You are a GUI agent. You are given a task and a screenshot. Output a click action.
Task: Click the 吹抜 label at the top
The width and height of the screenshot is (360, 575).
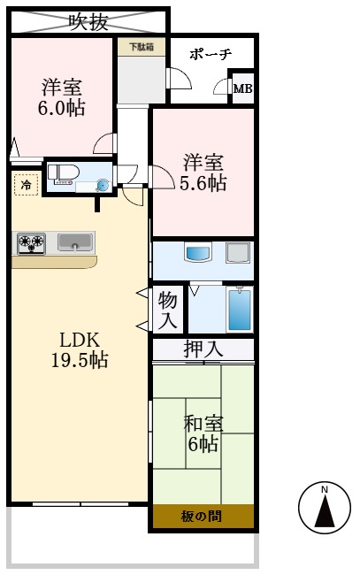click(x=88, y=19)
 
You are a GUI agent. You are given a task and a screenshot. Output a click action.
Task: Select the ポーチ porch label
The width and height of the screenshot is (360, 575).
click(x=211, y=54)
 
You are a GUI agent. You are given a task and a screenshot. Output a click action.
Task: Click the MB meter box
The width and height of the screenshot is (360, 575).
click(x=242, y=88)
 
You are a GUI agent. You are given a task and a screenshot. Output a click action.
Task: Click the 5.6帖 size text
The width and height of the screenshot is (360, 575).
click(x=203, y=183)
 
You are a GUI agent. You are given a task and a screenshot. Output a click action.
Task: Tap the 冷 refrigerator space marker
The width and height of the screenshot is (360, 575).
click(x=26, y=186)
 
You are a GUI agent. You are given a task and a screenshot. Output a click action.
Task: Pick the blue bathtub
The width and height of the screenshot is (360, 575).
click(x=240, y=309)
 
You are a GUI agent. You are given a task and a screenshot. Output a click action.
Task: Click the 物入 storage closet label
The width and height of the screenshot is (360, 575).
click(x=168, y=310)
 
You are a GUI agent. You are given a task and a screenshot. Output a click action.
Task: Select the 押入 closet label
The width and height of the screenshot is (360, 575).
click(x=203, y=349)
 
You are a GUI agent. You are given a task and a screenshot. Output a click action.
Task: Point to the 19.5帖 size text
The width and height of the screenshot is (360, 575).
click(x=80, y=361)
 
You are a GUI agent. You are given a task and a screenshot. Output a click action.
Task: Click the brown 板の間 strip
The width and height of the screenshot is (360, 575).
click(x=203, y=516)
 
